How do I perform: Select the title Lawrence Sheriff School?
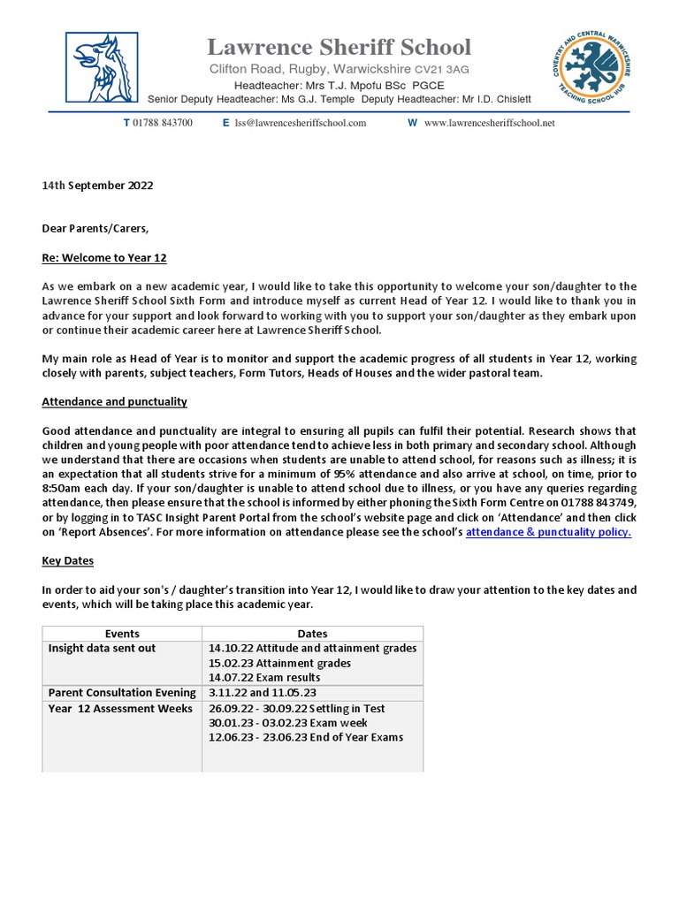tap(339, 47)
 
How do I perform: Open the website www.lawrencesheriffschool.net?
tap(489, 123)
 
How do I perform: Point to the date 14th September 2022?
tap(97, 186)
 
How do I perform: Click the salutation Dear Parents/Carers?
tap(95, 229)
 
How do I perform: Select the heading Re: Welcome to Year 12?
tap(104, 258)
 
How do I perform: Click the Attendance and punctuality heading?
tap(114, 401)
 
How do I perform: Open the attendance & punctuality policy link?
tap(548, 532)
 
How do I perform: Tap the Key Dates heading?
tap(68, 561)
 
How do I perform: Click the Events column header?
tap(122, 634)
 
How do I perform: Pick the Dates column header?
tap(312, 634)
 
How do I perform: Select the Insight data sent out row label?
tap(103, 649)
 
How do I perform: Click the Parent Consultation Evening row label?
tap(122, 693)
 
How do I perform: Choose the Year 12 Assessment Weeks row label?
tap(120, 709)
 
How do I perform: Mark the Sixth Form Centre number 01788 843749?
tap(591, 503)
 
